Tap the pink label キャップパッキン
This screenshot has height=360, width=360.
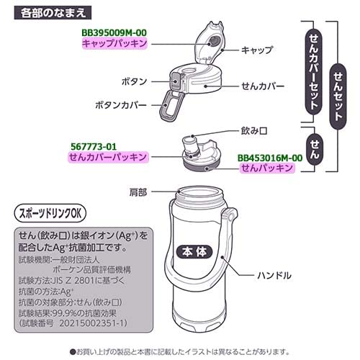click(x=114, y=44)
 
